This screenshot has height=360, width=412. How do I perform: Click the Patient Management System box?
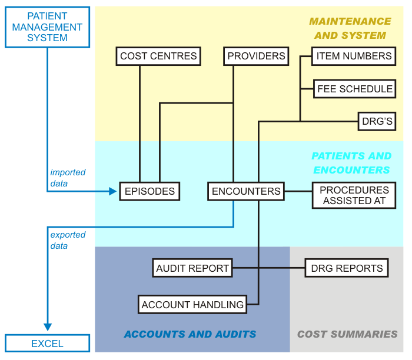point(47,27)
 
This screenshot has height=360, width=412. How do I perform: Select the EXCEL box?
point(47,344)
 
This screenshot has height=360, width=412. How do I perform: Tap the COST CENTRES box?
point(158,56)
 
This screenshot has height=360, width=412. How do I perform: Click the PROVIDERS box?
point(256,56)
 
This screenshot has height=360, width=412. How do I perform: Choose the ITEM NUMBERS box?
point(354,56)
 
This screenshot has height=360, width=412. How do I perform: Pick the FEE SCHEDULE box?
point(354,89)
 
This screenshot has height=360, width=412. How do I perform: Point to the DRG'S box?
point(377,122)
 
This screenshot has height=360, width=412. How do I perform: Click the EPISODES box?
point(149,191)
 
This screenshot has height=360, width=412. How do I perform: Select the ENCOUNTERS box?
point(246,191)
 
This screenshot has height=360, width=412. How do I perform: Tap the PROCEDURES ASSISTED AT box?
point(354,195)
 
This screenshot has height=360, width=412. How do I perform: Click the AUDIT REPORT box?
point(192,268)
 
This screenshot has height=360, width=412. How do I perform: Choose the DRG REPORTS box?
point(347,268)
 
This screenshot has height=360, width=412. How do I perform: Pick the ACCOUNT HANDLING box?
point(192,305)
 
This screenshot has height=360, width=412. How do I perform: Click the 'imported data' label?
point(68,178)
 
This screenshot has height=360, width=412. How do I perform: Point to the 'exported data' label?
point(68,240)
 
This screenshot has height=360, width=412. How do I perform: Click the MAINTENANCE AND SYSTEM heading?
point(350,28)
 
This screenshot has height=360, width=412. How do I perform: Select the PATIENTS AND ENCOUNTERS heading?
point(351,163)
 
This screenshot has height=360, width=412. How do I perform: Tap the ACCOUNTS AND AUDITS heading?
point(190,334)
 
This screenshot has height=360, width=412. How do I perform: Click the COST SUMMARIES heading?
point(347,334)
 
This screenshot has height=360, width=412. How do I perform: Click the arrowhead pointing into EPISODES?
point(114,191)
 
